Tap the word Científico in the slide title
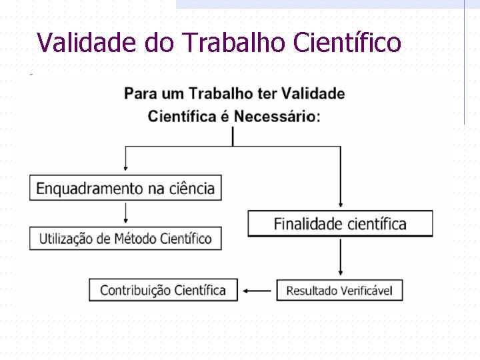347,42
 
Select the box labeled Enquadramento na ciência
125,188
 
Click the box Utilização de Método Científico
125,238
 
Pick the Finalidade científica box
340,223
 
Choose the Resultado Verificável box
339,291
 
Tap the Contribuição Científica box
163,290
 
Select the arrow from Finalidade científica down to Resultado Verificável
341,257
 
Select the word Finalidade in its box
306,223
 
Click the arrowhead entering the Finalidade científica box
341,205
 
